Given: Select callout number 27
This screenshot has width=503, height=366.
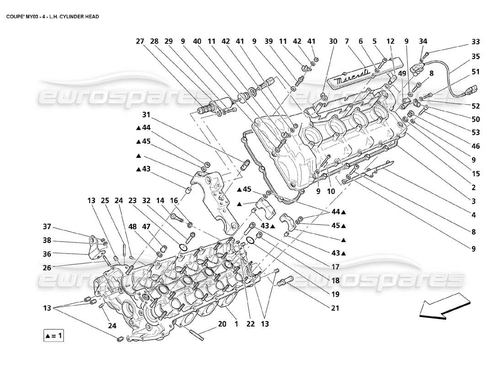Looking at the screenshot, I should pos(140,41).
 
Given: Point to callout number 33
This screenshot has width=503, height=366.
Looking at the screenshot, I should pos(476,41).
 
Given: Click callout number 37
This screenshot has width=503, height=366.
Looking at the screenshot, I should pos(47,227).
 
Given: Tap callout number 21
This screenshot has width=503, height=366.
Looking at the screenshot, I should pos(335,308).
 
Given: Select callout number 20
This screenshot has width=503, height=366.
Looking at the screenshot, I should pos(222,324).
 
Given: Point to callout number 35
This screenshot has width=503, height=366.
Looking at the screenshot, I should pos(476,57).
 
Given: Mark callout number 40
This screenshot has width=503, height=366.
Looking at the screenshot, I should pos(197,41).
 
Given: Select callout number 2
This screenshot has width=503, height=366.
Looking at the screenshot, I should pos(474,187).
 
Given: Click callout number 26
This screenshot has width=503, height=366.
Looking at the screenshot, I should pos(47,268).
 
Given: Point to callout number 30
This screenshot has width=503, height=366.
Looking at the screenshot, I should pos(333,41).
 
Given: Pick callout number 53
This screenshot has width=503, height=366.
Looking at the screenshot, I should pos(476,133).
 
